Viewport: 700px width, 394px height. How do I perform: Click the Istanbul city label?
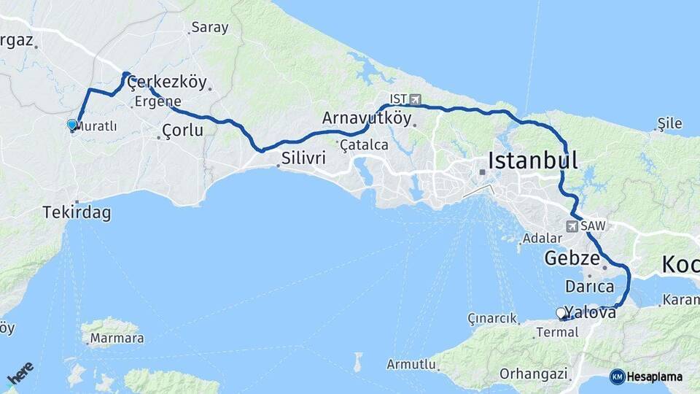[533, 160]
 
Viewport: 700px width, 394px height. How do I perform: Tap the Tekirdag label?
[77, 213]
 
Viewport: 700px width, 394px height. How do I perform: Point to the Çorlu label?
[182, 131]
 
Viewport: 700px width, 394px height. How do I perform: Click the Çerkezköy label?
[167, 82]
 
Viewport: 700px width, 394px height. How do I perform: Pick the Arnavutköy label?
[367, 117]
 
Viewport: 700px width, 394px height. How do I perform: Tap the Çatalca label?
[364, 145]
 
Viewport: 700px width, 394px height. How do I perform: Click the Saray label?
[209, 28]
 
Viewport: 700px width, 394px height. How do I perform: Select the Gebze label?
[572, 258]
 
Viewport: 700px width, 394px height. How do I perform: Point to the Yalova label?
[591, 313]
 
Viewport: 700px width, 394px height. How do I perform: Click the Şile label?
[669, 123]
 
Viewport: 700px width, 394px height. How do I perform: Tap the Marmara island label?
[116, 339]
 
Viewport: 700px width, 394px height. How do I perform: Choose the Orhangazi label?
[533, 374]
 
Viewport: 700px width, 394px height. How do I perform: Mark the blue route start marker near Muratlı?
[71, 125]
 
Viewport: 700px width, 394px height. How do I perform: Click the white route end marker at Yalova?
[561, 313]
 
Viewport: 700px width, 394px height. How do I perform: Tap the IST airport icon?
[416, 98]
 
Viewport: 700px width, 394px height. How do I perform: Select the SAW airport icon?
[572, 226]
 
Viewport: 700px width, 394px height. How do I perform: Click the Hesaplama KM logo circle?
[617, 376]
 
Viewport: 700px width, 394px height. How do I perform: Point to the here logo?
[20, 374]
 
